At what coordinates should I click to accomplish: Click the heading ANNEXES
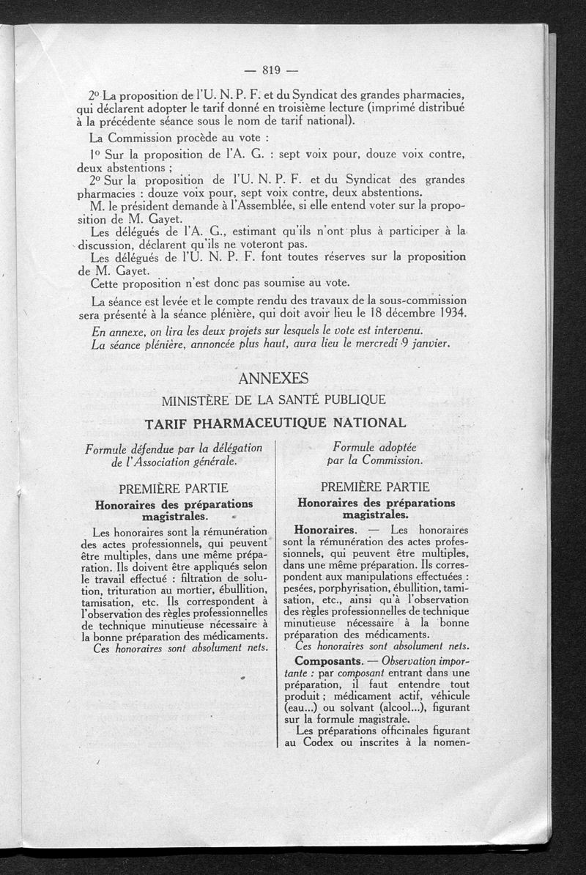point(274,378)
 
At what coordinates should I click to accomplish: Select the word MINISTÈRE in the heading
point(198,401)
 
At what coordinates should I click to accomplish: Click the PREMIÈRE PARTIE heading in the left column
point(174,488)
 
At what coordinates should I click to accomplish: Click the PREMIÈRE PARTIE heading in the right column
point(376,487)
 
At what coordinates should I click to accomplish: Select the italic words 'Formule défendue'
point(134,448)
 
